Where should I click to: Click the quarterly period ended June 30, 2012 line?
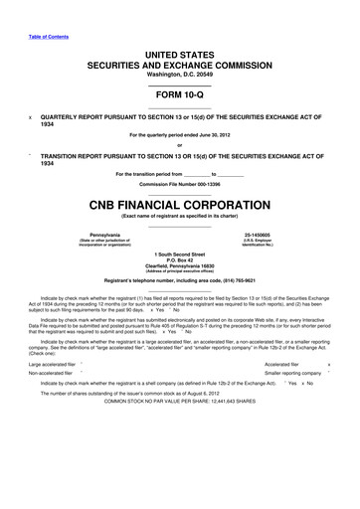coord(180,134)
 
